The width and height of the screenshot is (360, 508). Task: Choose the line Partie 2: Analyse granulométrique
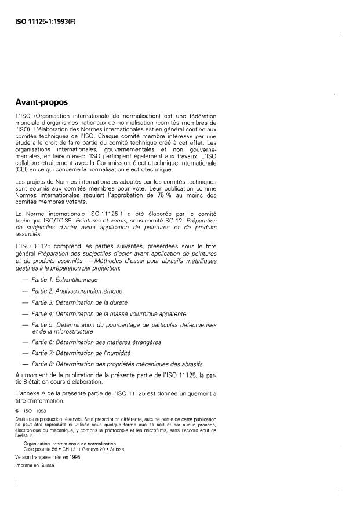[x=77, y=291]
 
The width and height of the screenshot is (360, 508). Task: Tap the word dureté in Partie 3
[x=118, y=302]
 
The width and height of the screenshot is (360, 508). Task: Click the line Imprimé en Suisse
[x=35, y=466]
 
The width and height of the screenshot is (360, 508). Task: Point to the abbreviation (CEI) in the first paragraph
[x=23, y=169]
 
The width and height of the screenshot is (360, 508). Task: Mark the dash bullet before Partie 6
[x=24, y=342]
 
